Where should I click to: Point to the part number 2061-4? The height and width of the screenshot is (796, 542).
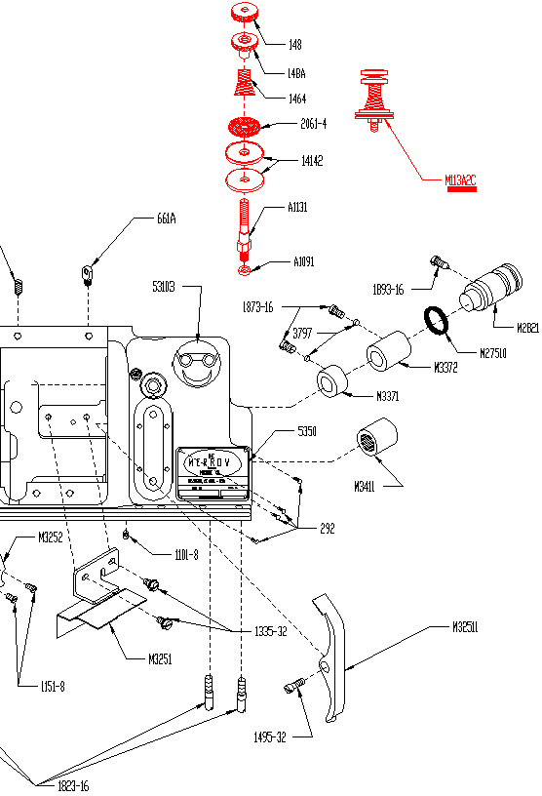[314, 124]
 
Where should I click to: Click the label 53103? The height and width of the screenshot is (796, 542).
[165, 287]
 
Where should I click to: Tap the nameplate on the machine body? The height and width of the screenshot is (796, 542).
[213, 474]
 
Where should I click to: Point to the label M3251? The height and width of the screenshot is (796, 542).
[161, 658]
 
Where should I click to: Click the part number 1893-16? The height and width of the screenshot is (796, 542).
[388, 289]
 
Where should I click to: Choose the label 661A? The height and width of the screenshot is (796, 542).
[166, 219]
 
